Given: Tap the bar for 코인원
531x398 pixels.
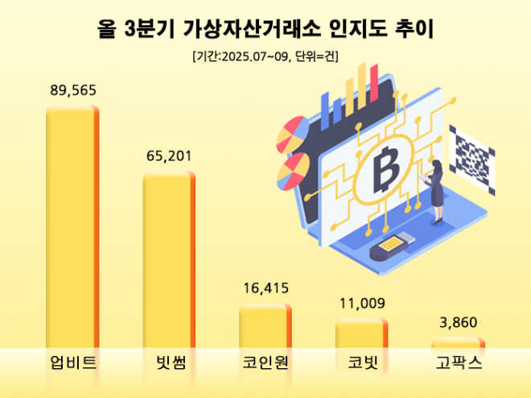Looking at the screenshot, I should click(265, 326).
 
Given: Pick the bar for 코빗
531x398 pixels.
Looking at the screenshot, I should click(361, 334).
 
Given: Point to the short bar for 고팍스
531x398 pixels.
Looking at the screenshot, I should click(458, 344).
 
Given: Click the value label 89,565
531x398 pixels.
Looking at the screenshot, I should click(72, 90).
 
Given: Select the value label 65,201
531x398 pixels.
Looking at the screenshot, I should click(169, 155).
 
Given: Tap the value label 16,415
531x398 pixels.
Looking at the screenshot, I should click(265, 288).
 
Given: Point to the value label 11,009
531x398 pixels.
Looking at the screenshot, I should click(361, 304).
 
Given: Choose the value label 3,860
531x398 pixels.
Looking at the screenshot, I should click(458, 323).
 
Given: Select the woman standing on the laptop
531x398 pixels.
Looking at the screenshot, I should click(439, 190).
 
